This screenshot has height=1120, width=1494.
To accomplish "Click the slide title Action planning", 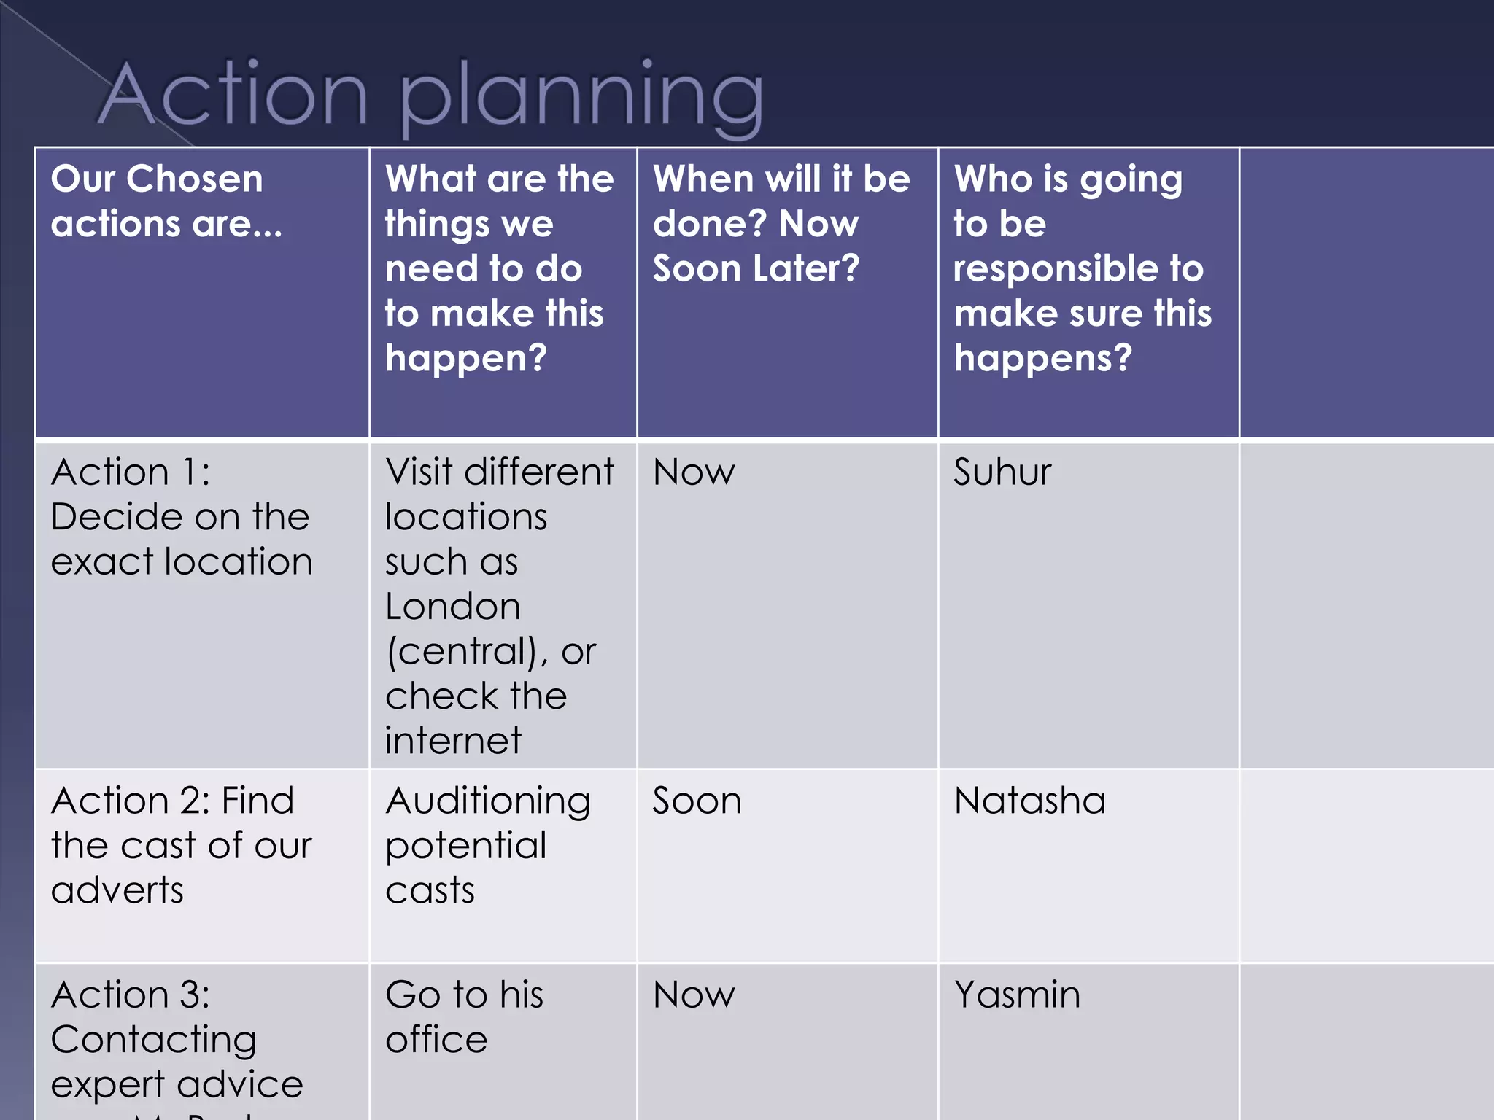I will coord(430,95).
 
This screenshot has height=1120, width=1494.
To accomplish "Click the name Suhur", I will coord(1002,472).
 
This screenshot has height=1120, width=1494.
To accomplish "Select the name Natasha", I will coord(1029,801).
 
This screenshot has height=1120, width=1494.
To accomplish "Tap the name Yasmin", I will coord(1017,995).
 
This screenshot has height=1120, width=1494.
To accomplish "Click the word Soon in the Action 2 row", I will coord(697,801).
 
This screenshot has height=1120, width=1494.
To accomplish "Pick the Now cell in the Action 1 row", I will coord(694,472).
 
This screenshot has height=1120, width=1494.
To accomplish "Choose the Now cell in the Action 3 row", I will coord(694,995).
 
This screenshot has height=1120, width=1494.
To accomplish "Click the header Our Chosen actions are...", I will coord(166,201).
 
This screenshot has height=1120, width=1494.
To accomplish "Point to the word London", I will coord(452,607).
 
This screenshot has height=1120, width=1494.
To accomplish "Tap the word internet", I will coord(453,741).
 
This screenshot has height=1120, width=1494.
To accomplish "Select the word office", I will coord(436,1040).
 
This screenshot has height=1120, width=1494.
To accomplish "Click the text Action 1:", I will coord(131,472).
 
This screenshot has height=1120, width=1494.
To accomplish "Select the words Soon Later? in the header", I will coord(756,268).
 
